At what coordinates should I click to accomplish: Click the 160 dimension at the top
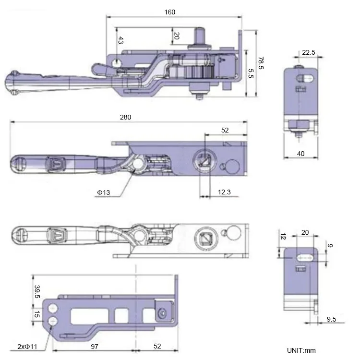[169, 12]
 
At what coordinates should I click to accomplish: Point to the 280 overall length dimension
[125, 117]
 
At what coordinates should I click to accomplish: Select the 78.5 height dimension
[261, 62]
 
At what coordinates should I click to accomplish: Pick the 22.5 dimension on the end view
[309, 52]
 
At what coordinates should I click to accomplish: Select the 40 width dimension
[301, 154]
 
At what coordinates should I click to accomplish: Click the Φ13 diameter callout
[104, 192]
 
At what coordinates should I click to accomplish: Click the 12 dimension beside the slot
[283, 238]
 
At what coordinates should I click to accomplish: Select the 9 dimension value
[330, 246]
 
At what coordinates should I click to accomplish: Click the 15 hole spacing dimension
[36, 314]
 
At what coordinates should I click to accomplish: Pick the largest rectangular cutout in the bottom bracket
[85, 315]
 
